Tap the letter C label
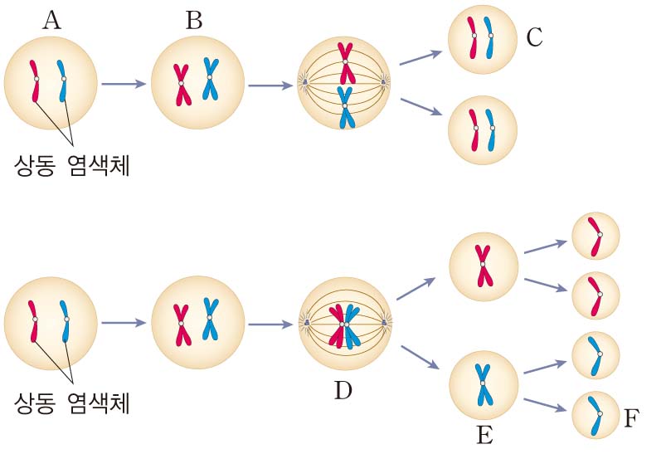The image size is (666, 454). pos(534,37)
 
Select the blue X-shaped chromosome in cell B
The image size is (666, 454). pos(211,78)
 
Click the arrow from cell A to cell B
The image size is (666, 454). pos(123,84)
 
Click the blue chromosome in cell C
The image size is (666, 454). pos(491,37)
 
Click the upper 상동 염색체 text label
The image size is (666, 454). pos(72,164)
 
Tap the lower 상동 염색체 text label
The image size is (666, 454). pos(72,403)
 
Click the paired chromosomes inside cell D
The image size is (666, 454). pos(343,325)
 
